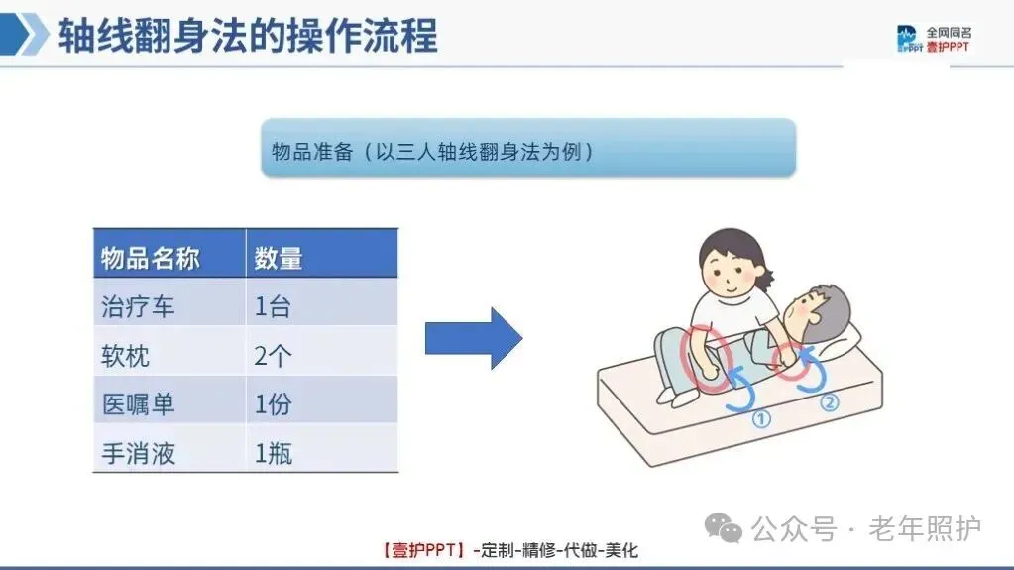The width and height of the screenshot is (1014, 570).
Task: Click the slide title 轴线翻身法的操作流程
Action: pyautogui.click(x=248, y=35)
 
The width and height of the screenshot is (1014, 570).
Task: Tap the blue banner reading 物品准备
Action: pyautogui.click(x=528, y=148)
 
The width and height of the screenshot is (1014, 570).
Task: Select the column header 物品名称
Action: pyautogui.click(x=169, y=253)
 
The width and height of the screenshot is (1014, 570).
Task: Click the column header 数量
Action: pyautogui.click(x=322, y=253)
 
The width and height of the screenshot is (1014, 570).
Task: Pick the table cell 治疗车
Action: pyautogui.click(x=169, y=302)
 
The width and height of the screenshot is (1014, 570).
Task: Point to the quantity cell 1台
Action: pyautogui.click(x=322, y=302)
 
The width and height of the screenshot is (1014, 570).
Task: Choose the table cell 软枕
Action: pyautogui.click(x=169, y=351)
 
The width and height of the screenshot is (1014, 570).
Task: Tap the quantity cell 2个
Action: pyautogui.click(x=322, y=351)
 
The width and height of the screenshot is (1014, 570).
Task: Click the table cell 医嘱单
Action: pyautogui.click(x=169, y=399)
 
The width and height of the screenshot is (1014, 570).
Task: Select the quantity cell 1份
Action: pyautogui.click(x=322, y=399)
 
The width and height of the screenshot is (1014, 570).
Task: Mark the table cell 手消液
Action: pyautogui.click(x=169, y=448)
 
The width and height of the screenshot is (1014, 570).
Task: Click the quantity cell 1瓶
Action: pyautogui.click(x=322, y=448)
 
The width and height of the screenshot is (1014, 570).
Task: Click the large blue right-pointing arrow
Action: pyautogui.click(x=474, y=338)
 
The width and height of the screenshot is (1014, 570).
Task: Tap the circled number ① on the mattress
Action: pyautogui.click(x=761, y=418)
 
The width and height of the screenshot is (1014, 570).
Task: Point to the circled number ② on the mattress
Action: pyautogui.click(x=829, y=402)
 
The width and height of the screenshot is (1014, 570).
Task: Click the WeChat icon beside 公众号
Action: pyautogui.click(x=723, y=528)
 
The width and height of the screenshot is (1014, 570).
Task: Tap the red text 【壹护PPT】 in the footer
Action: pyautogui.click(x=423, y=550)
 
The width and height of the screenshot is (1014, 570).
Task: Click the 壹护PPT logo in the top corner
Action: pyautogui.click(x=933, y=39)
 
